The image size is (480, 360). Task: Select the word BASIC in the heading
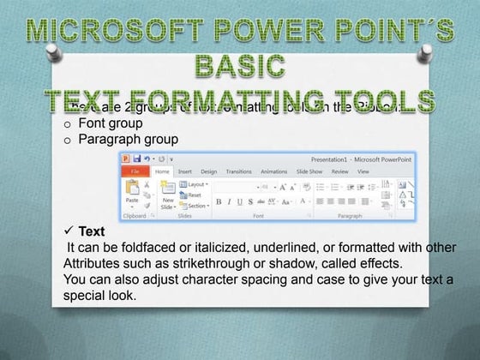[239, 65]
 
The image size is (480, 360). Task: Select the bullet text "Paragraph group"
[128, 139]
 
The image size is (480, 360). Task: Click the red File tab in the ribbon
[135, 171]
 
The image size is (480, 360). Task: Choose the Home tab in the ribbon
[161, 171]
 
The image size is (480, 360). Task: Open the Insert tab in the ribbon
[184, 171]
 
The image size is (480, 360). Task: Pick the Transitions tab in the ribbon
[238, 171]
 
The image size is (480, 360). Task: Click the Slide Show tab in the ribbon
[309, 171]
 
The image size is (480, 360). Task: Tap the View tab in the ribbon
[363, 171]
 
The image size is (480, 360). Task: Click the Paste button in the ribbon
[132, 194]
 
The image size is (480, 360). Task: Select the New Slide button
[169, 199]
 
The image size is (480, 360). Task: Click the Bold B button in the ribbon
[219, 201]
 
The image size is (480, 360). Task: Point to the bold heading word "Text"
[91, 232]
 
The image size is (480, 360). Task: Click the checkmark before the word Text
[69, 232]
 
